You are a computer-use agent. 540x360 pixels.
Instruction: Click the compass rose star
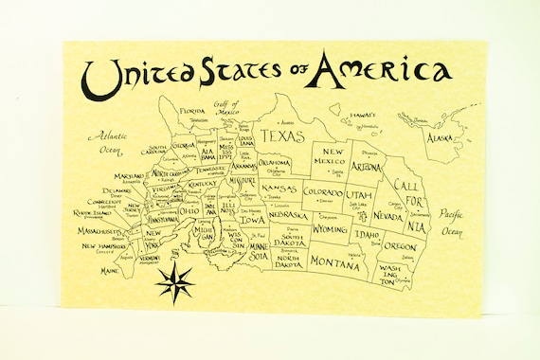click(x=176, y=281)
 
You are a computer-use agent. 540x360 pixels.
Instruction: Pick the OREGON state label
click(x=400, y=245)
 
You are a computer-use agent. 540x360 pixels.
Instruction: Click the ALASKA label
click(x=440, y=138)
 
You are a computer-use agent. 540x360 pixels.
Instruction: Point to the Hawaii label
click(x=363, y=115)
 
